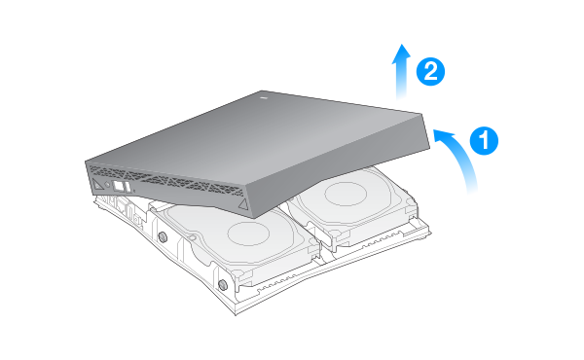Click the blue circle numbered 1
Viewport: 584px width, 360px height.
[x=484, y=141]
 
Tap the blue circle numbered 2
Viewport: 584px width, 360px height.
[x=430, y=71]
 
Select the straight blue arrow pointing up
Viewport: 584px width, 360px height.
[x=401, y=72]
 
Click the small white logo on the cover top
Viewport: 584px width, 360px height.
[x=264, y=98]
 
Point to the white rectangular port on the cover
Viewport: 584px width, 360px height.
[x=118, y=186]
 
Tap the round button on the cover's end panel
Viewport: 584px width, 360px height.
[x=107, y=184]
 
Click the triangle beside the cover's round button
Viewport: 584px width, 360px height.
[x=97, y=184]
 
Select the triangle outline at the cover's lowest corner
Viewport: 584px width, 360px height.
[x=243, y=204]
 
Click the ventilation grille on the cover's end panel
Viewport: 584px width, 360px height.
[x=167, y=180]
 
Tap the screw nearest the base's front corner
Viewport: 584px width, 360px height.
[x=222, y=285]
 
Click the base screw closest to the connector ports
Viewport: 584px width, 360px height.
[x=163, y=236]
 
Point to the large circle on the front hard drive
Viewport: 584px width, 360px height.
[x=248, y=234]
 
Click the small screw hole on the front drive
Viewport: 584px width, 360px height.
[x=192, y=236]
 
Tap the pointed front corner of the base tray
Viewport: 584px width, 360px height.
[x=236, y=314]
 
